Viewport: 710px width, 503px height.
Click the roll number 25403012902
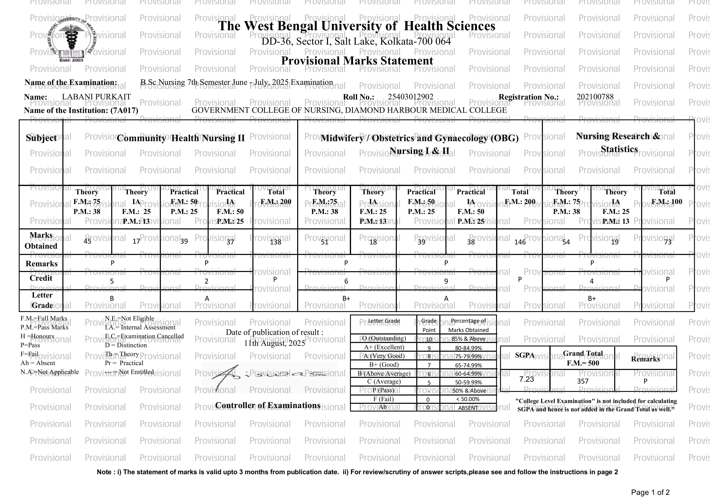click(411, 97)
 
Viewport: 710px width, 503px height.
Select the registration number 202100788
click(595, 97)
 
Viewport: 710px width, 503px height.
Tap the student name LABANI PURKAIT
click(96, 97)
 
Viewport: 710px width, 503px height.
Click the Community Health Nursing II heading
click(181, 138)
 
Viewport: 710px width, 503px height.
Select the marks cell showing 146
click(520, 242)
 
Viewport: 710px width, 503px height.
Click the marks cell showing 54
click(566, 242)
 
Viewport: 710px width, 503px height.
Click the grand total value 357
click(583, 381)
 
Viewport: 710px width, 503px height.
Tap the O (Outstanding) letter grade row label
click(384, 338)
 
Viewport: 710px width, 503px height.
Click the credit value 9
click(446, 281)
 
